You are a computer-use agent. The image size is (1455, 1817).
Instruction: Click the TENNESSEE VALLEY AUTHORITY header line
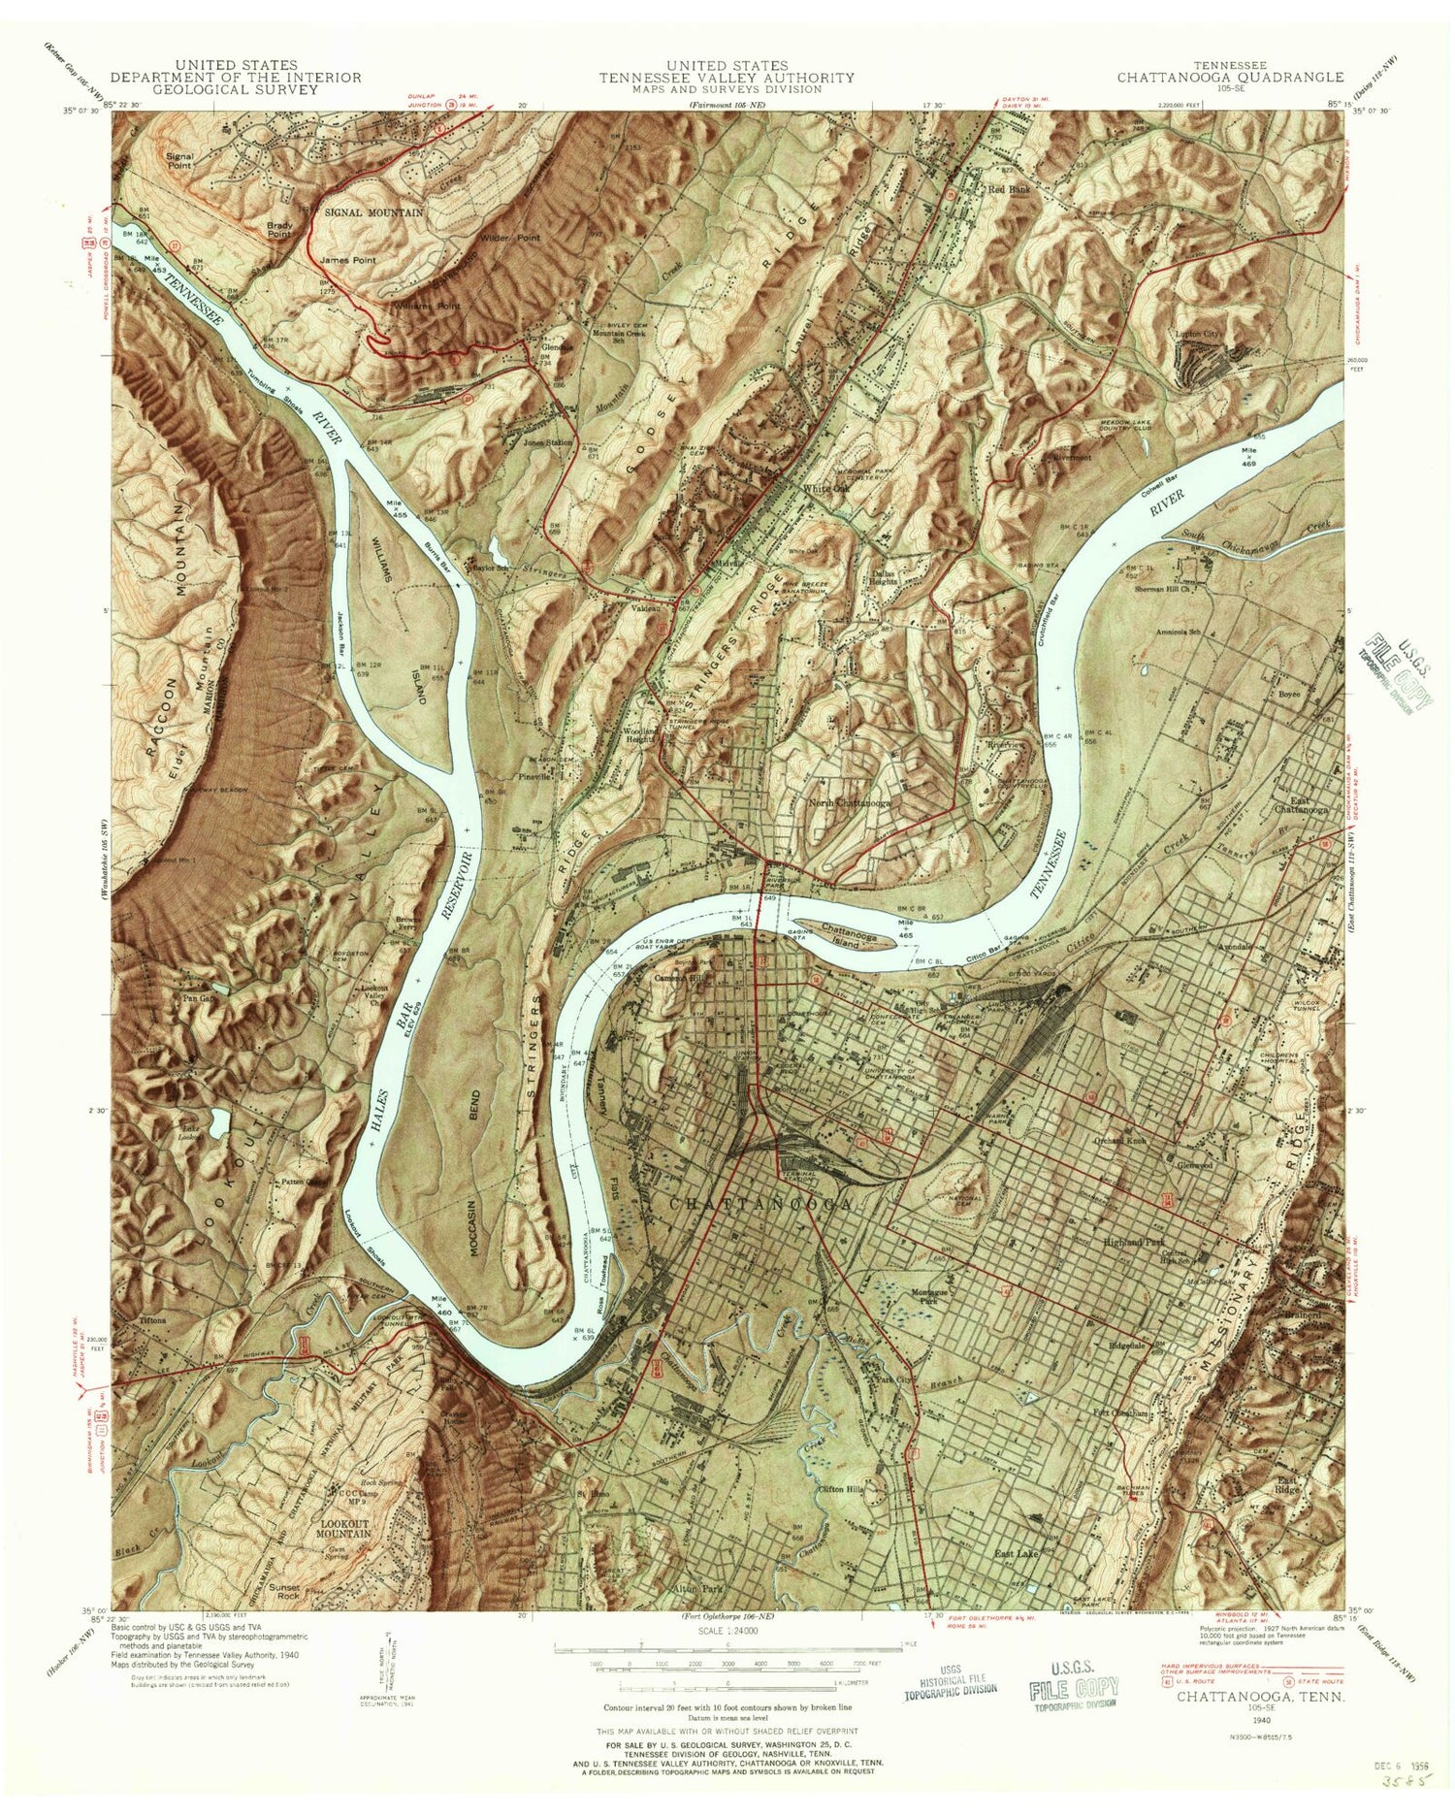(x=726, y=78)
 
